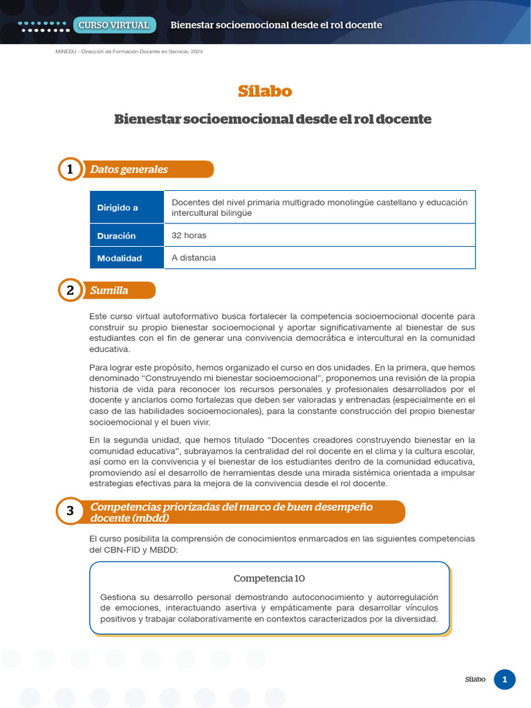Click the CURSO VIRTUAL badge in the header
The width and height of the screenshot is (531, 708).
click(x=114, y=26)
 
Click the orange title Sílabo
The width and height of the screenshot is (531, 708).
click(x=265, y=91)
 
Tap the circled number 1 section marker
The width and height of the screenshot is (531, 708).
click(x=70, y=169)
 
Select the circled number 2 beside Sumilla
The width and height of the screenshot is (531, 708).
click(x=70, y=290)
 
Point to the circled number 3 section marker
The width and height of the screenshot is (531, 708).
click(x=70, y=512)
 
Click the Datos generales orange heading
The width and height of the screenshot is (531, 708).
click(x=129, y=169)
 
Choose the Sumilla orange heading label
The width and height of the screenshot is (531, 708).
click(x=109, y=290)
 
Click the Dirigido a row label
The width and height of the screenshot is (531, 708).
click(x=118, y=207)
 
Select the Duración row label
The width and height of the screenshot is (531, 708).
click(x=116, y=236)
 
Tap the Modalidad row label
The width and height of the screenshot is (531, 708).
click(x=119, y=258)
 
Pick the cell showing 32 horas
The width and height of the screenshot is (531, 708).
click(x=189, y=236)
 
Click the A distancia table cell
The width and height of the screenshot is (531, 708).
click(x=194, y=258)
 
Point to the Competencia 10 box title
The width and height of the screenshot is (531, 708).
click(x=269, y=578)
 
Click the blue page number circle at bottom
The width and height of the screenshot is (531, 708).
click(x=505, y=680)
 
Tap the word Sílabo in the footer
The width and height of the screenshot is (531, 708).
click(x=475, y=680)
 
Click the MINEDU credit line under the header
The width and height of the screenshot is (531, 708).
click(x=129, y=52)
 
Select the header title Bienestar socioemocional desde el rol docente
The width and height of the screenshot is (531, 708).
click(x=276, y=26)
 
